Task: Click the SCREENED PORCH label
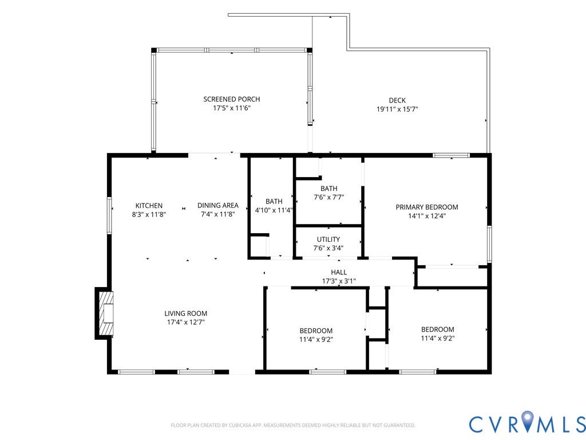pos(232,99)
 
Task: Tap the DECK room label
pos(397,100)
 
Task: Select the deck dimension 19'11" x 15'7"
pos(397,109)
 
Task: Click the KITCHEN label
pos(149,206)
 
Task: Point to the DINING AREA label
pos(218,206)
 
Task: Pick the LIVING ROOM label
pos(186,313)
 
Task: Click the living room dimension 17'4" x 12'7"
pos(186,322)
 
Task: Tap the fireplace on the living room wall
pos(104,313)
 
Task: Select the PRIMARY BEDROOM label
pos(427,207)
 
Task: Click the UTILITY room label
pos(328,239)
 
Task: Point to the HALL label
pos(339,272)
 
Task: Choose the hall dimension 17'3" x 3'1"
pos(339,281)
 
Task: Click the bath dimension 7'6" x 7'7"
pos(328,197)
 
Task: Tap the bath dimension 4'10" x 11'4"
pos(274,210)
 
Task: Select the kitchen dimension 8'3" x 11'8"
pos(149,214)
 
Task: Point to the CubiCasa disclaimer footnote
pos(293,425)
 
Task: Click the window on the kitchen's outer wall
pos(109,215)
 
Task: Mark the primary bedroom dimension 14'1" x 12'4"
pos(427,216)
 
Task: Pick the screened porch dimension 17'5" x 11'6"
pos(232,108)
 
